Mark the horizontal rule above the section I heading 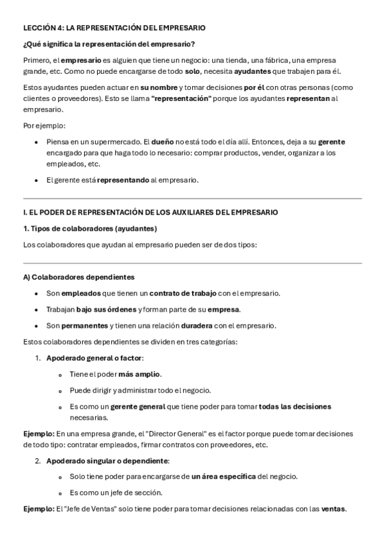coord(192,199)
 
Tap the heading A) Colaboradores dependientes coord(78,277)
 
